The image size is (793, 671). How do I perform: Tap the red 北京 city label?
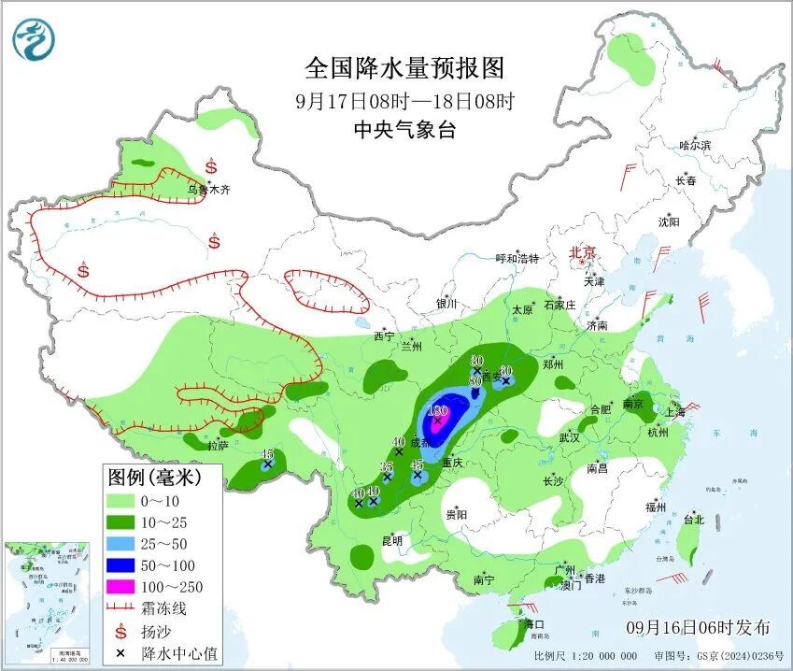(583, 252)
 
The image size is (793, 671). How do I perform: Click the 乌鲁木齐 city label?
(207, 190)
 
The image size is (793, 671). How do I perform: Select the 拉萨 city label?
(217, 446)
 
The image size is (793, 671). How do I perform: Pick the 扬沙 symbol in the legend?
(123, 631)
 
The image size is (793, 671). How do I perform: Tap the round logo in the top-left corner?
(34, 39)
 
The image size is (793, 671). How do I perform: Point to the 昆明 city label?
(391, 540)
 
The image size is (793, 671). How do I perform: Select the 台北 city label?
(694, 520)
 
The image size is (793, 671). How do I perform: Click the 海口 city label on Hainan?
(533, 623)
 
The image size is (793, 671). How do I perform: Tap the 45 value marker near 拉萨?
(267, 454)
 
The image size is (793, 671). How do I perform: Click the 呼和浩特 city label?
(517, 258)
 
